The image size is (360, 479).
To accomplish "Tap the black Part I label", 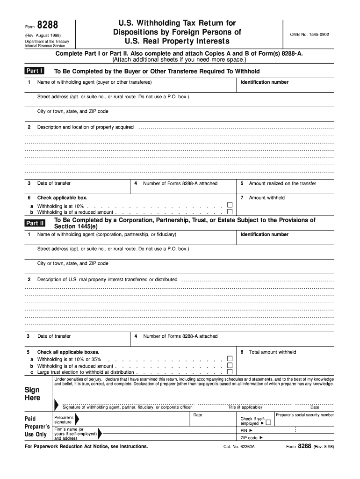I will pyautogui.click(x=35, y=71).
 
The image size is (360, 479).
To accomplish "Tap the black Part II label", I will pyautogui.click(x=35, y=223).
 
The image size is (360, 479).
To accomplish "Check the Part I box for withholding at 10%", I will pyautogui.click(x=230, y=205).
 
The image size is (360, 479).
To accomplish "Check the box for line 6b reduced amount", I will pyautogui.click(x=230, y=212).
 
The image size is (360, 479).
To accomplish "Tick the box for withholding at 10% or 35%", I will pyautogui.click(x=230, y=359).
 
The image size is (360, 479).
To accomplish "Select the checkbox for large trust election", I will pyautogui.click(x=230, y=372).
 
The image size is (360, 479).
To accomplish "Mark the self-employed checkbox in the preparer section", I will pyautogui.click(x=268, y=422).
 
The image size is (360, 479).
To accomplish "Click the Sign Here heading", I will pyautogui.click(x=32, y=394).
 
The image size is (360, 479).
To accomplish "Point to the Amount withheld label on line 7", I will pyautogui.click(x=266, y=198).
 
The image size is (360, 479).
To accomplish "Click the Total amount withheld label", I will pyautogui.click(x=272, y=352).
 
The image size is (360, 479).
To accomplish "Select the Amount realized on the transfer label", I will pyautogui.click(x=282, y=183).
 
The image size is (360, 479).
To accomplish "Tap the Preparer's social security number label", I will pyautogui.click(x=305, y=415).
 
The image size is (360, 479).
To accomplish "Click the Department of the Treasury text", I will pyautogui.click(x=47, y=42).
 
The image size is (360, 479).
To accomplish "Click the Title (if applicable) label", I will pyautogui.click(x=245, y=407).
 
